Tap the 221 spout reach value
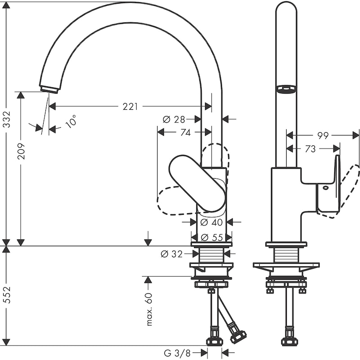click(130, 107)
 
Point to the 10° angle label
click(71, 121)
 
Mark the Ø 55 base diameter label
click(210, 237)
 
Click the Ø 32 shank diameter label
click(172, 254)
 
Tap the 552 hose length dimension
click(6, 296)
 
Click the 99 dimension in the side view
click(323, 135)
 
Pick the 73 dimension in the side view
click(310, 149)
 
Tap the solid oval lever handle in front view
click(197, 183)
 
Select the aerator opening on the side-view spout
click(286, 89)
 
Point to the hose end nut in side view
click(289, 341)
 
